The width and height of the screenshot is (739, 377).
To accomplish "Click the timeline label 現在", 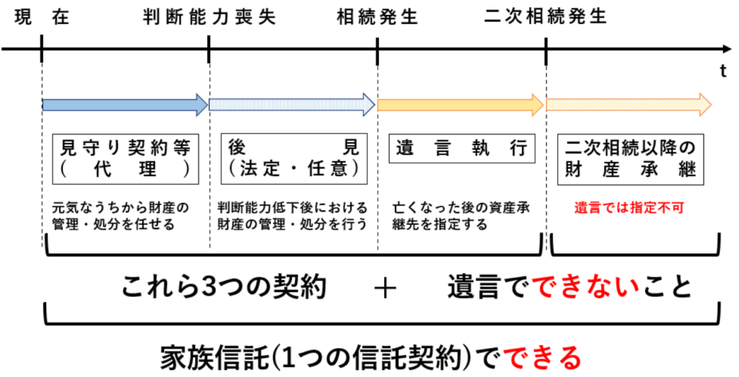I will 41,17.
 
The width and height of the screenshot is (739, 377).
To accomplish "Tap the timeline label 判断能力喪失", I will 209,17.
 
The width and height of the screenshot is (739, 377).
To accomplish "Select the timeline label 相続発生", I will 377,17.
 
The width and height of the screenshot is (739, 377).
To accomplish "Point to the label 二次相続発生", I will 546,17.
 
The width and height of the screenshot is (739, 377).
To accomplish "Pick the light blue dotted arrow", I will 292,104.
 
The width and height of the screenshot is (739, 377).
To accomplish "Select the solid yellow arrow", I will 460,104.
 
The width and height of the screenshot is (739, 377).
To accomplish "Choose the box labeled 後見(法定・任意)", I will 292,159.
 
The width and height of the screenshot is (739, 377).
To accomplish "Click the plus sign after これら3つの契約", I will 387,287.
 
